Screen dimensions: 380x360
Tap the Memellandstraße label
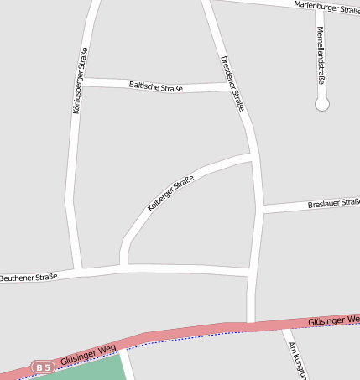click(320, 55)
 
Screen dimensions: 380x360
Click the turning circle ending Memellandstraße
click(321, 104)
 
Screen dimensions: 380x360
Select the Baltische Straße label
click(156, 85)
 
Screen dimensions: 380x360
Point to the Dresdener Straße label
click(232, 83)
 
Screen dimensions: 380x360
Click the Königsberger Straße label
click(80, 81)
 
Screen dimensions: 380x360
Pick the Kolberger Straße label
click(170, 194)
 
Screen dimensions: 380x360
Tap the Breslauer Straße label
click(333, 204)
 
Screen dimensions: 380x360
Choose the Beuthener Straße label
click(29, 277)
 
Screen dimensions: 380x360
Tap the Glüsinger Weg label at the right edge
click(333, 320)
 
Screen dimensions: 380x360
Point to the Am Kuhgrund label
click(295, 360)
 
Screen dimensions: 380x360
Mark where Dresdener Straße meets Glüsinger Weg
click(250, 325)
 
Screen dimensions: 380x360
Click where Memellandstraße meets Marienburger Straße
click(321, 11)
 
